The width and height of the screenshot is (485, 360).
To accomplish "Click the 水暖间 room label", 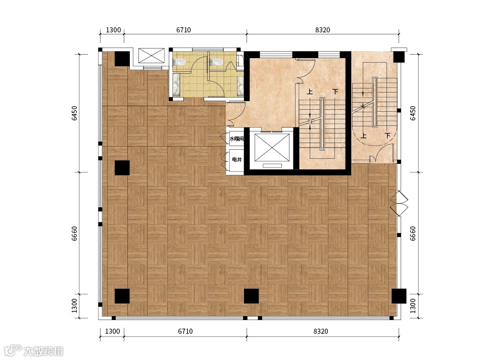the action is (x=236, y=139).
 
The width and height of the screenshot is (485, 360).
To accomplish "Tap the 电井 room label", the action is (x=236, y=159).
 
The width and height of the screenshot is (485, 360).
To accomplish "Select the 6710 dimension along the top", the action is (x=183, y=30).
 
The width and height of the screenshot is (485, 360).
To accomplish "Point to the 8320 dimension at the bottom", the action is (x=321, y=331).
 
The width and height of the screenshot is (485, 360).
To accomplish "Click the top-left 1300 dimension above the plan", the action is (x=113, y=30).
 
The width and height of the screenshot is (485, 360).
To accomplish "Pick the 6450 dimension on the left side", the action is (x=75, y=113).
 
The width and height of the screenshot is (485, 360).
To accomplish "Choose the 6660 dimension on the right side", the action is (x=413, y=234).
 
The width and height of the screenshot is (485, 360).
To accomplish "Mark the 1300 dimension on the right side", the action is (x=413, y=305).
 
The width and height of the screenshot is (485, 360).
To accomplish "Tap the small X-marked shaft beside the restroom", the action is (x=151, y=56).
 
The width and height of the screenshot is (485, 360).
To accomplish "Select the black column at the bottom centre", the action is (x=251, y=296).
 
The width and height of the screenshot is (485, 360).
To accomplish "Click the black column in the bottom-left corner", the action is (x=122, y=296).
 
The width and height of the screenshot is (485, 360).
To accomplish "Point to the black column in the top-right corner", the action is (x=399, y=56).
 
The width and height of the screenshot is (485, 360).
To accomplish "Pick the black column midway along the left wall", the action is (x=122, y=168).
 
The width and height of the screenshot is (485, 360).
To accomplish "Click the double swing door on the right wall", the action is (x=399, y=203).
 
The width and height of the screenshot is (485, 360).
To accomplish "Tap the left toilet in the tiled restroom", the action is (x=179, y=62).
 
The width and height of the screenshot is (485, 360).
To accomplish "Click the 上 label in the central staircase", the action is (x=310, y=92).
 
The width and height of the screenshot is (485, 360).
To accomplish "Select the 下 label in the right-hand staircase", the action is (x=387, y=136).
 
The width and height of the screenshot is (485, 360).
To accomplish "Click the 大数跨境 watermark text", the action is (x=43, y=351).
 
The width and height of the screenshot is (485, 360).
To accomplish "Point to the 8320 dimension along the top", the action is (x=323, y=30).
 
